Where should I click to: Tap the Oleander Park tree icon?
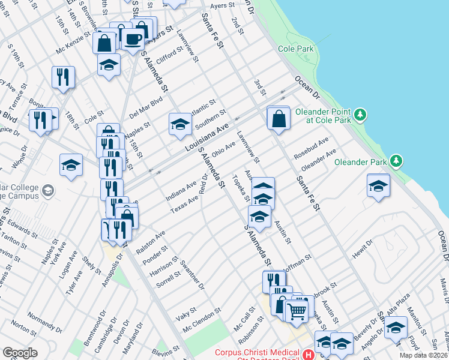click(396, 160)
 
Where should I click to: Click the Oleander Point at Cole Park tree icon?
click(360, 113)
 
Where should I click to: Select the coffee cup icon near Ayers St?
click(133, 40)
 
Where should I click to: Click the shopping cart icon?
click(295, 310)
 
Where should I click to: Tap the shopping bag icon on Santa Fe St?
click(279, 118)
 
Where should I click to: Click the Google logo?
click(20, 352)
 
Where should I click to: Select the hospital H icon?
click(308, 355)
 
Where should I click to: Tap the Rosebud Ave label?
click(311, 148)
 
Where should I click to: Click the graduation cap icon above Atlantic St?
click(179, 124)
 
